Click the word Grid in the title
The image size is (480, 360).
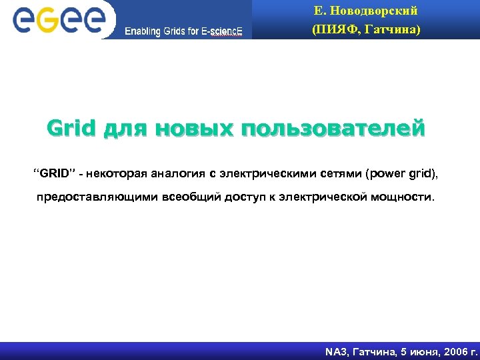pos(71,127)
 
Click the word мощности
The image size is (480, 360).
pos(403,197)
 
